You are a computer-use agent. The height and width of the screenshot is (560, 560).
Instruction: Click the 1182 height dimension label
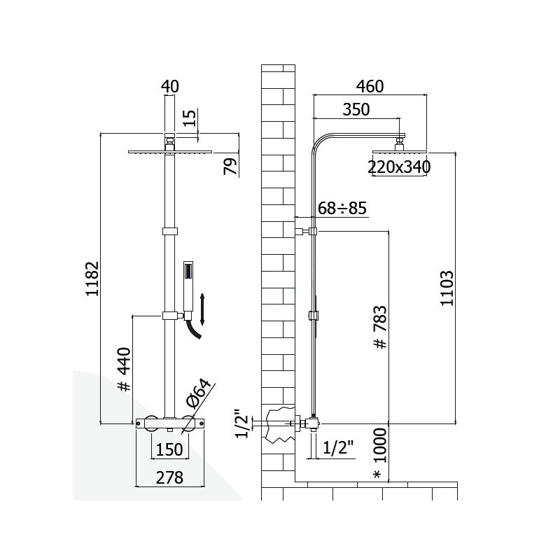coord(92,279)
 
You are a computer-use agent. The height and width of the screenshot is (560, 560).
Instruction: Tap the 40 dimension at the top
coord(170,86)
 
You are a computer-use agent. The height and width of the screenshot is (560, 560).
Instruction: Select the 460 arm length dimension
coord(370,86)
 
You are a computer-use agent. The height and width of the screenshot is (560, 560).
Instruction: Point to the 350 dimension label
coord(356,110)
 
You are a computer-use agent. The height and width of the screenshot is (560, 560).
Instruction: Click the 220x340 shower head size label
coord(399,167)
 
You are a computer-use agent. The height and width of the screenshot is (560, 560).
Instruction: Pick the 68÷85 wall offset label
coord(342,208)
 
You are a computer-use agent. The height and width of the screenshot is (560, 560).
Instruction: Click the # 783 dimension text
coord(380,327)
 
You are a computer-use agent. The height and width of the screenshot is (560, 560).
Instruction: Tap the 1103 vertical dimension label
coord(447,288)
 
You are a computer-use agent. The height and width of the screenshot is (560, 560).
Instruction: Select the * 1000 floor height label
coord(380,454)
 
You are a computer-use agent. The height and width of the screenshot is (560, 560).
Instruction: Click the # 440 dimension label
coord(125,369)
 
